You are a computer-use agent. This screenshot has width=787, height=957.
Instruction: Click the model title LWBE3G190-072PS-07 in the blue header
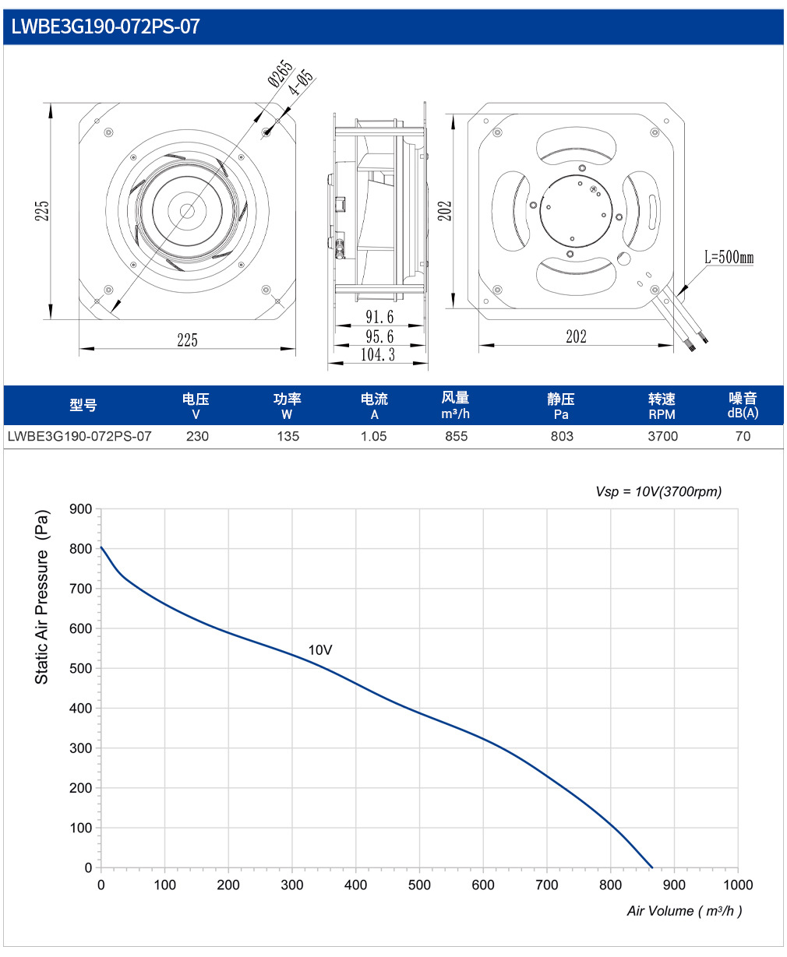[105, 26]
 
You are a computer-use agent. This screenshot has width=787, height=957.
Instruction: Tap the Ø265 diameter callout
[281, 72]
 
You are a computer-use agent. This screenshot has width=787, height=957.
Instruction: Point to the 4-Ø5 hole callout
[301, 82]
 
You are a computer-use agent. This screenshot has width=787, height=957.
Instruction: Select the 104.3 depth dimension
[378, 354]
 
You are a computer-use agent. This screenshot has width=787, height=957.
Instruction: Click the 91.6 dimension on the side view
[379, 317]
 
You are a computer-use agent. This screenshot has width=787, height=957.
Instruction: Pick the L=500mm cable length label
[729, 257]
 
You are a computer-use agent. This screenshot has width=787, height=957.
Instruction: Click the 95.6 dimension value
[379, 336]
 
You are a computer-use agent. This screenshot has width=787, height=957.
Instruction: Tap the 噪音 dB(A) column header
[743, 405]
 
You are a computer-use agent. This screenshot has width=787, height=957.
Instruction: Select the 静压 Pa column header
[561, 406]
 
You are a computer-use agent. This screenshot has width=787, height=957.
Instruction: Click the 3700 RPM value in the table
[662, 436]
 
